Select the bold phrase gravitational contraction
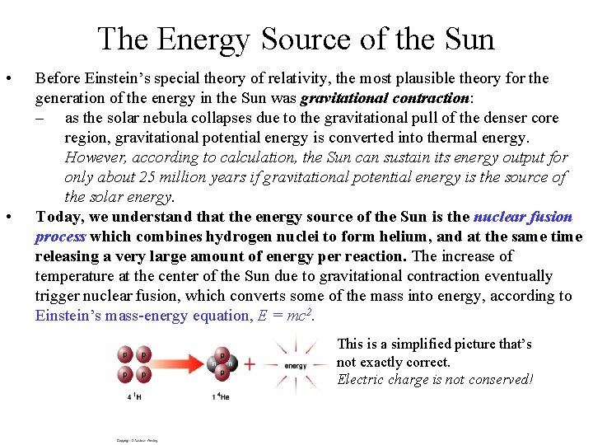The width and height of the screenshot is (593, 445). click(x=385, y=99)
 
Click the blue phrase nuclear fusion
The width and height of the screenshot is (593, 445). click(x=523, y=217)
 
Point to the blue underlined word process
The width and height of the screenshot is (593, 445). click(x=60, y=237)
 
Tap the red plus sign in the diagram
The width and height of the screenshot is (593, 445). click(x=250, y=363)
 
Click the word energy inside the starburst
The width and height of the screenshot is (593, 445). click(x=295, y=365)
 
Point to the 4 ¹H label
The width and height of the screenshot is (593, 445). click(x=133, y=397)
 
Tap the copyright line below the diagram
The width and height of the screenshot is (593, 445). click(x=137, y=440)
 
